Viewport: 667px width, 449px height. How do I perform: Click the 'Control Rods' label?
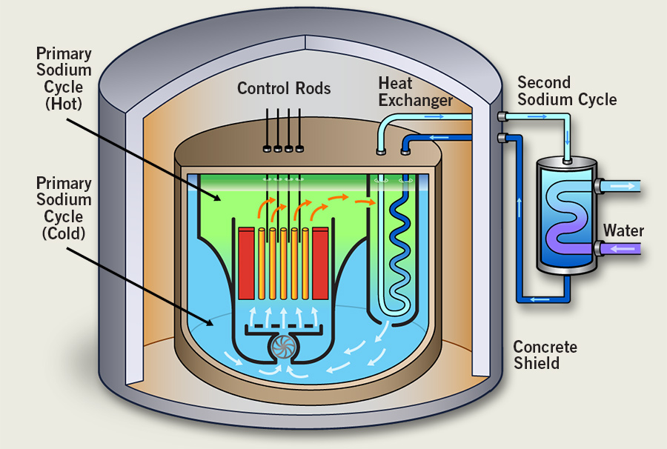click(284, 89)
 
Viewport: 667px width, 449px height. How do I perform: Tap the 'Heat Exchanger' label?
click(415, 91)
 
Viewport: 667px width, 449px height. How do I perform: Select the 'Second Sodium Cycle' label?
click(566, 90)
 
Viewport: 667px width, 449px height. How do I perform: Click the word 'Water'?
click(623, 231)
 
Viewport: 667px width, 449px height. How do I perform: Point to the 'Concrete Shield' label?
click(545, 355)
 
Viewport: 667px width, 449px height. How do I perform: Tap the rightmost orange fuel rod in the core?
click(305, 263)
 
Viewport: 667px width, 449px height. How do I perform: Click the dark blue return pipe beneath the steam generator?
click(548, 299)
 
